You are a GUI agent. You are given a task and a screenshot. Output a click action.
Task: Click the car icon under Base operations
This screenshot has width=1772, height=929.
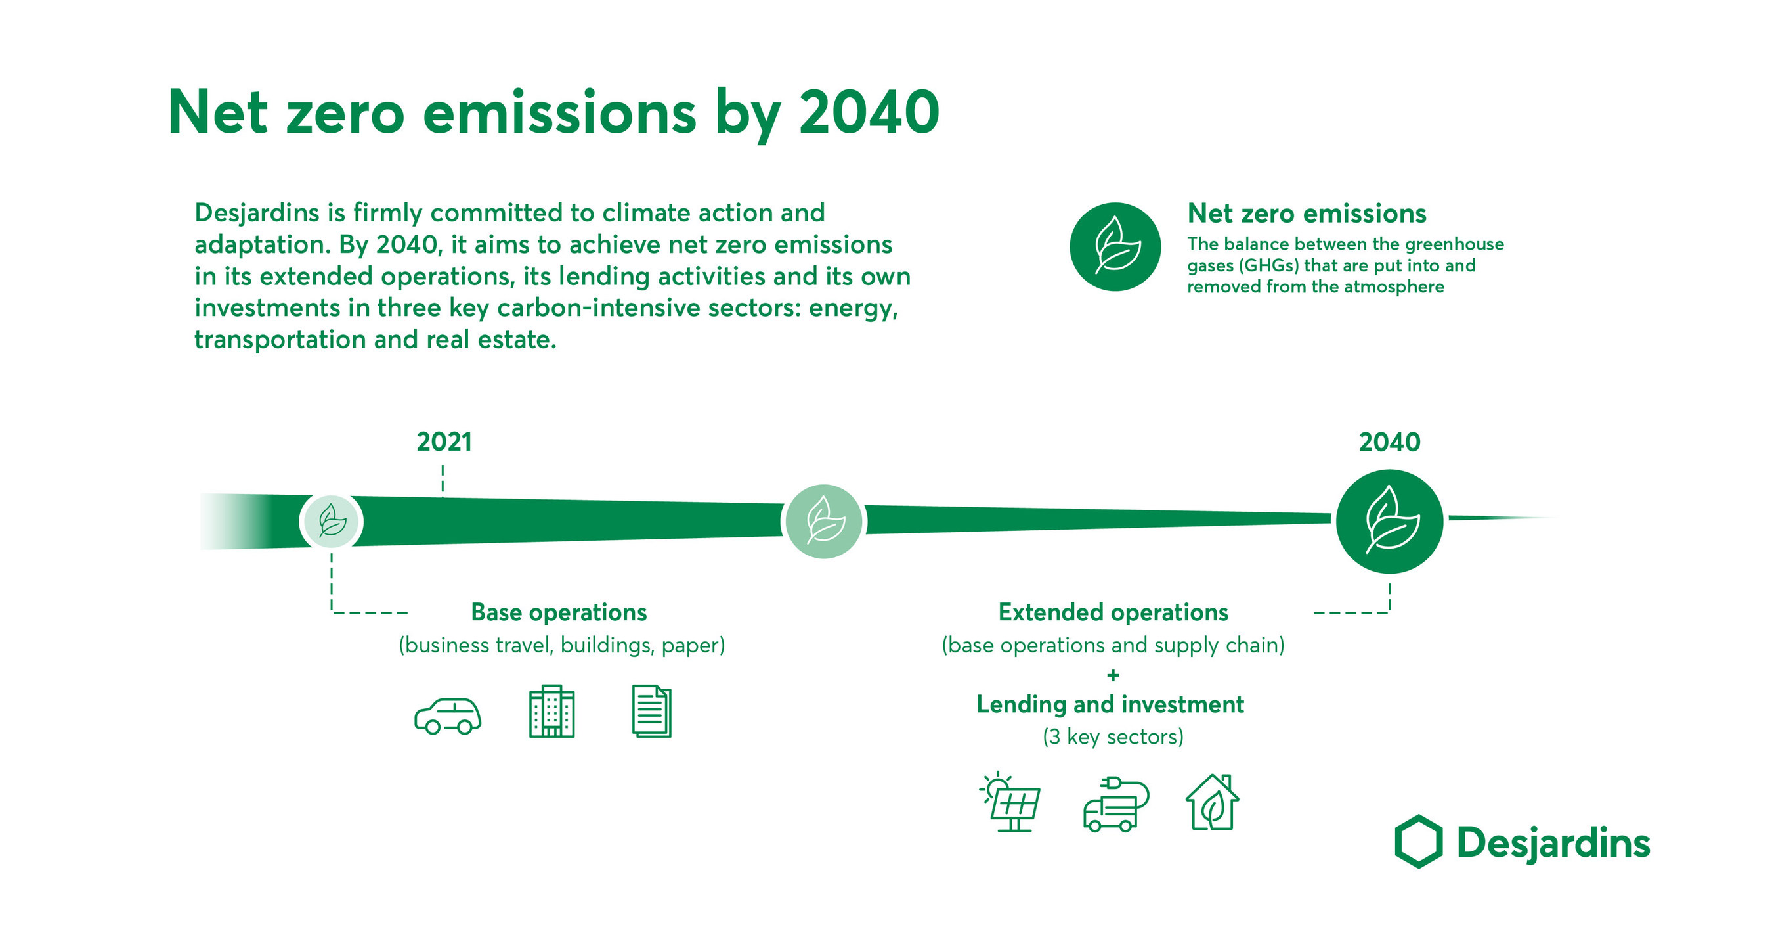point(448,715)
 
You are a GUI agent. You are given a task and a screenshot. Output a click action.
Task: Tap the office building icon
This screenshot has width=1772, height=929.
point(551,712)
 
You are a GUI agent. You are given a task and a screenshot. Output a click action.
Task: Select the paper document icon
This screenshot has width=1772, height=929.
point(651,712)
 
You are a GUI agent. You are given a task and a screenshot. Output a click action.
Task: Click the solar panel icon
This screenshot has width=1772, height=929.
point(1010,802)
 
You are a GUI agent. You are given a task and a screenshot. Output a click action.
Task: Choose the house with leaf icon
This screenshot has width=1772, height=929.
point(1212,802)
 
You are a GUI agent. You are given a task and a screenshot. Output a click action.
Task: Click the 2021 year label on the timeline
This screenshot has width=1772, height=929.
point(444,442)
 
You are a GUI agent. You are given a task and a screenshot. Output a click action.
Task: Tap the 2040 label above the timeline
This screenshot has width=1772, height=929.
point(1389,442)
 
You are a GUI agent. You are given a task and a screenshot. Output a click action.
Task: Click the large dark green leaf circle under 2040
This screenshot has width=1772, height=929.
point(1389,521)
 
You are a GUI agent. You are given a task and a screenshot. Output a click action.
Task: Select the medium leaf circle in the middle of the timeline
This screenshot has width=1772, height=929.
point(824,521)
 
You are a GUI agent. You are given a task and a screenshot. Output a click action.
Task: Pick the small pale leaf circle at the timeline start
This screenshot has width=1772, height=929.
point(332,521)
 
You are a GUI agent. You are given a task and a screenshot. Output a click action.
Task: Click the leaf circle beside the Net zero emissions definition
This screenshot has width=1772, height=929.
point(1115,246)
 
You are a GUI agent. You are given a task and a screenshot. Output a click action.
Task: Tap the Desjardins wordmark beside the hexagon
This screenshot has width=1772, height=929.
point(1553,842)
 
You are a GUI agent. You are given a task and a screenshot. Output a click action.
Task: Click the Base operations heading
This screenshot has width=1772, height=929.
point(559,612)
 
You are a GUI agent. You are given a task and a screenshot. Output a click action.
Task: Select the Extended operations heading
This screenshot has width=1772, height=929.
point(1113,612)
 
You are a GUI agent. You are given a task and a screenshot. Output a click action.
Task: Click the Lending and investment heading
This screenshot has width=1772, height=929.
point(1110,704)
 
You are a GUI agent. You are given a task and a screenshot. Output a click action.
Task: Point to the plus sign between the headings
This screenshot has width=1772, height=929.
point(1113,675)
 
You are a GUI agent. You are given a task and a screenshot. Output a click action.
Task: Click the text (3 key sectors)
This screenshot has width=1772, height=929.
point(1113,737)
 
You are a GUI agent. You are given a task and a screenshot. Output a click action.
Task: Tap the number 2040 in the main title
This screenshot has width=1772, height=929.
point(869,112)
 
